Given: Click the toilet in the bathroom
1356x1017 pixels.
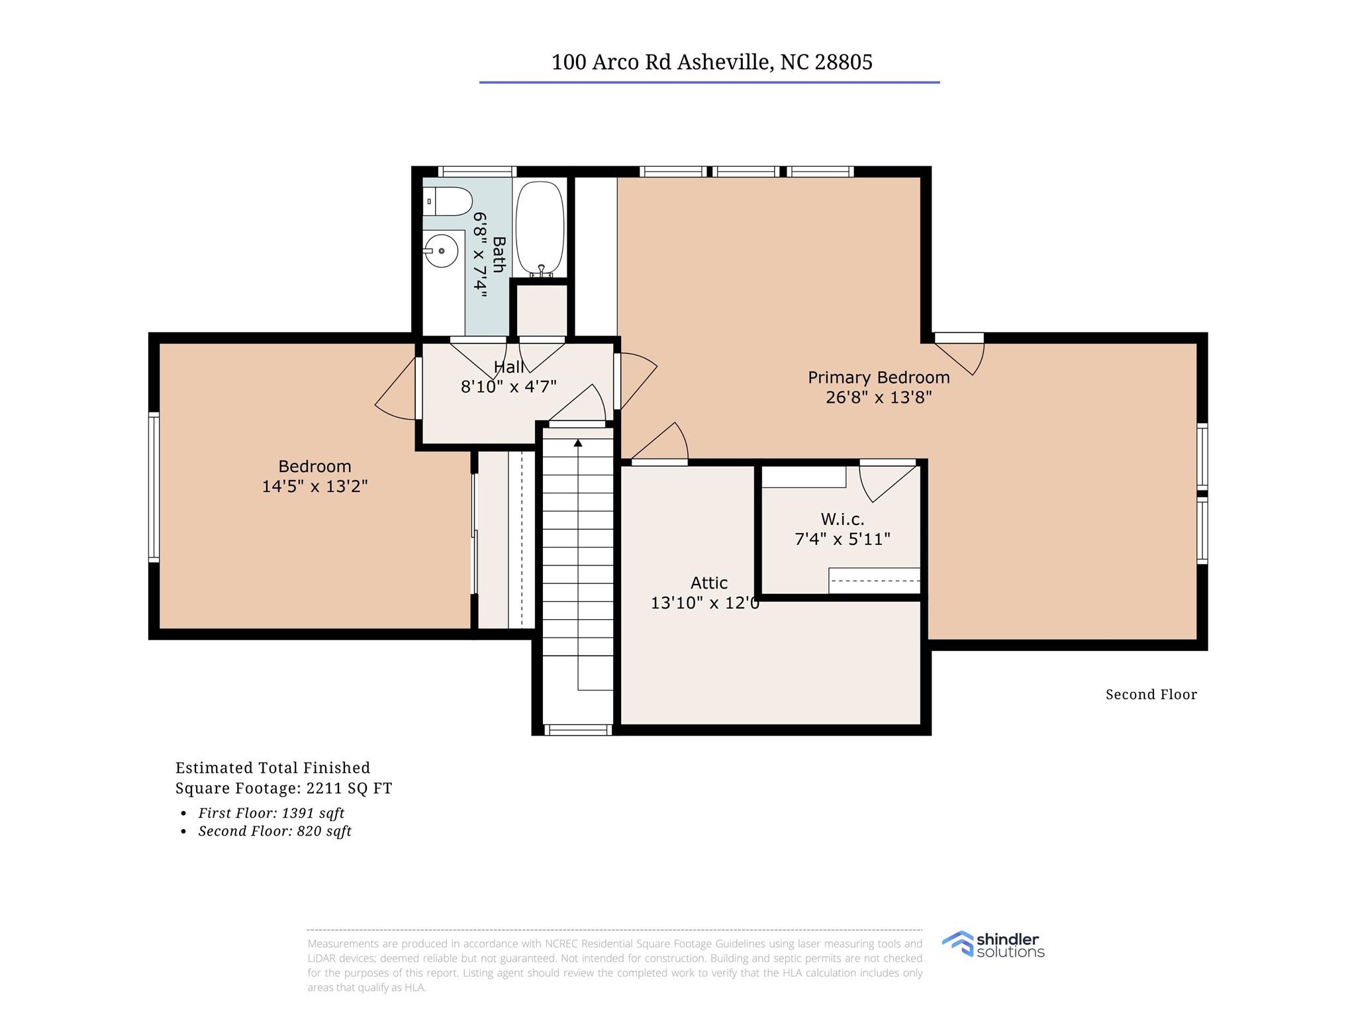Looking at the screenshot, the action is click(x=447, y=201).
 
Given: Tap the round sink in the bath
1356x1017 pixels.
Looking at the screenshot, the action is click(x=441, y=251).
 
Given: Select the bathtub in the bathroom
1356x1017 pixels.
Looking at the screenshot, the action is click(x=540, y=229).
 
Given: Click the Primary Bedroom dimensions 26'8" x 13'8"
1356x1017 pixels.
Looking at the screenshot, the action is click(x=879, y=397).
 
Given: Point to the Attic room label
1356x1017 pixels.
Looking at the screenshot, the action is click(x=709, y=583).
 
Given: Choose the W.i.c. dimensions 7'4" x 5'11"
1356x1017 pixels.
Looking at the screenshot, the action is click(x=842, y=539).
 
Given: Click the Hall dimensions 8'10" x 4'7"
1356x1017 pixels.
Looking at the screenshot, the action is click(x=508, y=387).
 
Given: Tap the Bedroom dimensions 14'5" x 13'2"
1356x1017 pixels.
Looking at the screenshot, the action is click(x=315, y=486).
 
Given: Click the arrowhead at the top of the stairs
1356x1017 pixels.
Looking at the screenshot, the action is click(x=578, y=442).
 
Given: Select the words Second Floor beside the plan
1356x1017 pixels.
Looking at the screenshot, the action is click(x=1151, y=695).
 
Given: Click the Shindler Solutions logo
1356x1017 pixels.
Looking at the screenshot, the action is click(x=993, y=945).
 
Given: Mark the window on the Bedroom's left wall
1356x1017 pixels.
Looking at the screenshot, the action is click(x=154, y=487).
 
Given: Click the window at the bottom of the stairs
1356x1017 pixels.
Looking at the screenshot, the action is click(x=577, y=730).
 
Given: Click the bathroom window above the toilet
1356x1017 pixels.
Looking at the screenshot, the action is click(x=477, y=171).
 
